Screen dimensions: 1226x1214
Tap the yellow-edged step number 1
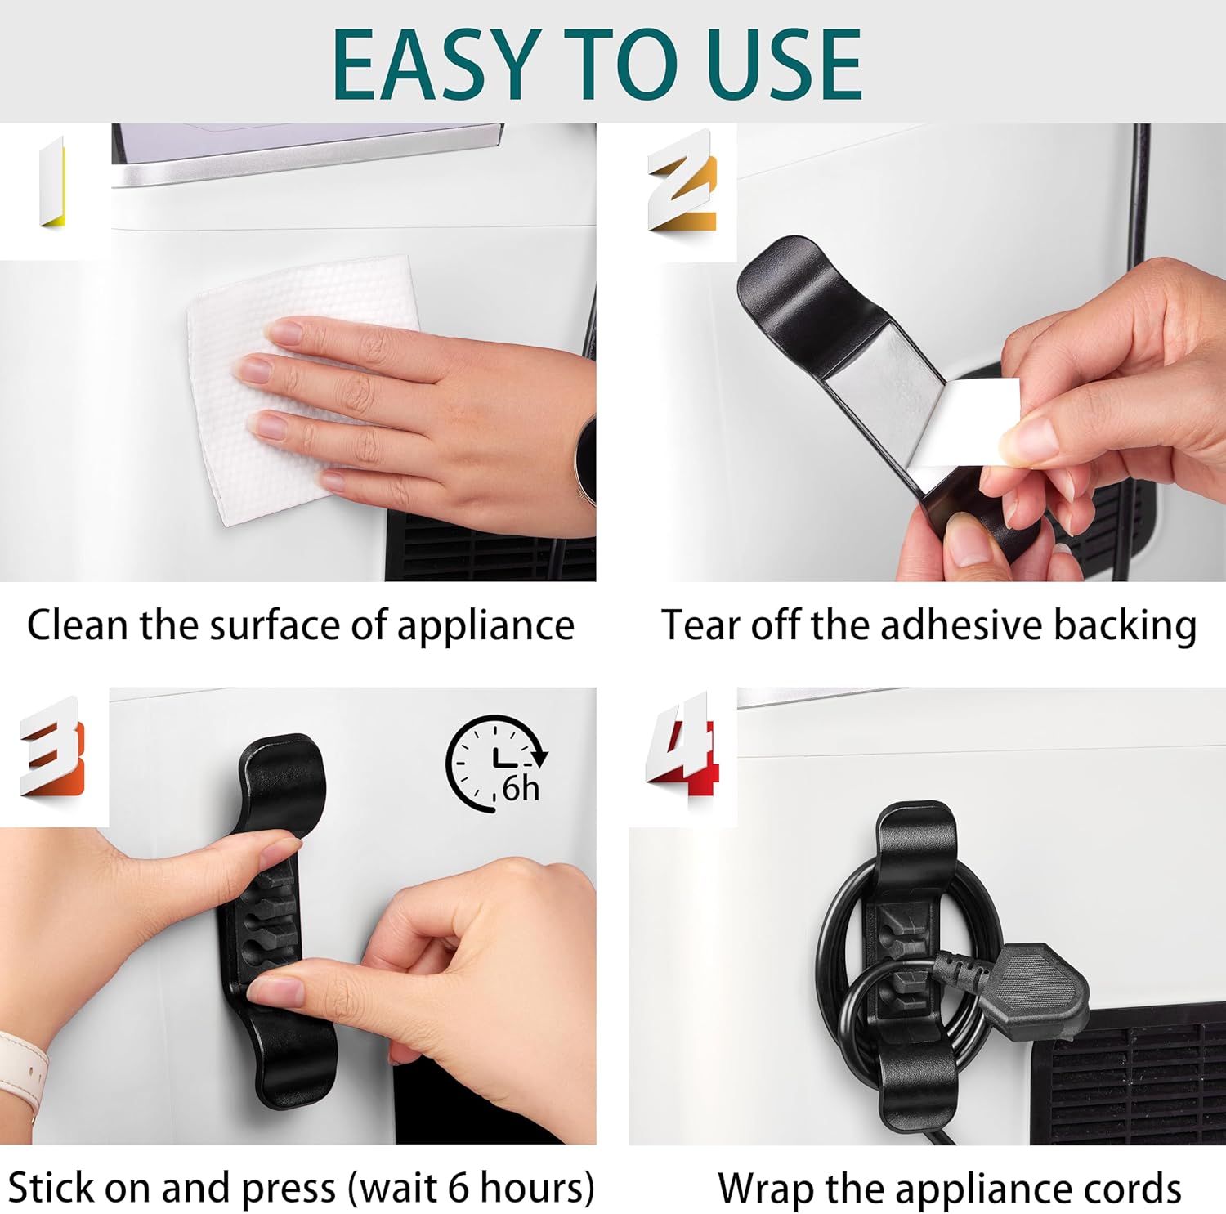[52, 182]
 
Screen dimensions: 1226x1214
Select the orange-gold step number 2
[683, 181]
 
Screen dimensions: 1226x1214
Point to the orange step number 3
[51, 746]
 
